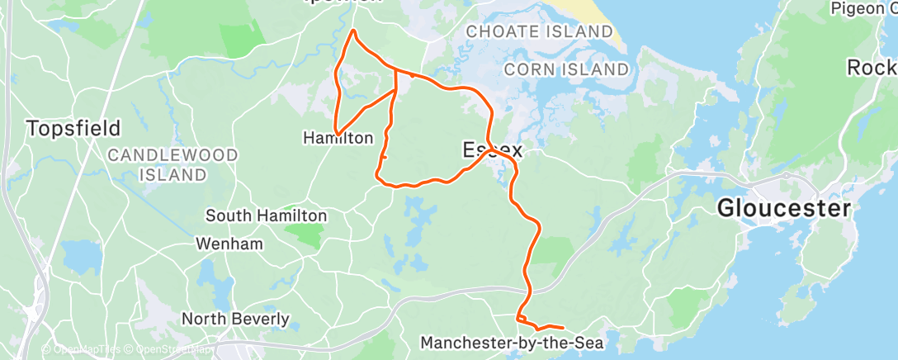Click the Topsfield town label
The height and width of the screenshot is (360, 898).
(73, 129)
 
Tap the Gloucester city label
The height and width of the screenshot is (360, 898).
(782, 208)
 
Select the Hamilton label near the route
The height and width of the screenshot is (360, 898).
(338, 139)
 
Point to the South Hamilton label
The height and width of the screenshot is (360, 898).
(266, 216)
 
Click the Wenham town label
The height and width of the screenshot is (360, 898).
(229, 244)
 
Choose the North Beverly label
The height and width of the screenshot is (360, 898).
(235, 319)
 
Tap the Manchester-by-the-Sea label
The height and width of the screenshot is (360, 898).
(513, 342)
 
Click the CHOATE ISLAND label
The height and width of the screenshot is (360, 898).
(541, 31)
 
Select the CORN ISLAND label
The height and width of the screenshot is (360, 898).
(565, 69)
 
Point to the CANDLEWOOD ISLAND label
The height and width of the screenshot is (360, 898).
(173, 164)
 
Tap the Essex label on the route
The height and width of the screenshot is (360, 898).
(493, 150)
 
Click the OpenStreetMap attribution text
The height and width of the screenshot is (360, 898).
(171, 350)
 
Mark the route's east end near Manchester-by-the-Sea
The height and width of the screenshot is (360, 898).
(563, 329)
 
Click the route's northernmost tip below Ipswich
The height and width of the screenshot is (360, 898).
(354, 31)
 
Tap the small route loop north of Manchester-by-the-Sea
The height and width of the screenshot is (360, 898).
(521, 318)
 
